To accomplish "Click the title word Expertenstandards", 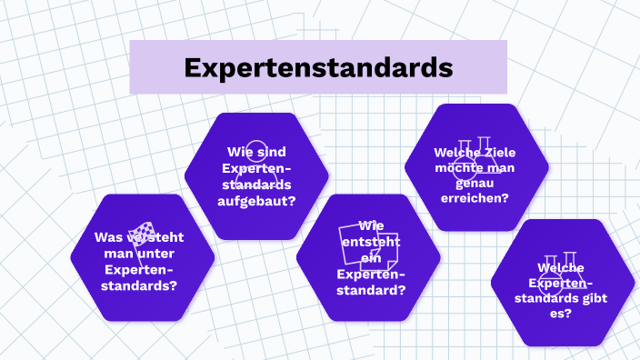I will (317, 67).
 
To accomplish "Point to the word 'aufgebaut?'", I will (256, 201).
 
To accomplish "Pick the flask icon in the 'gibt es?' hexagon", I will (562, 263).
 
